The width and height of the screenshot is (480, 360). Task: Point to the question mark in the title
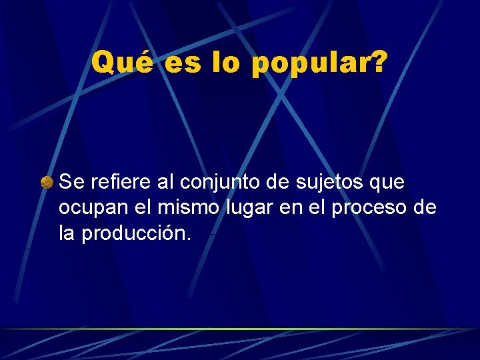(x=377, y=63)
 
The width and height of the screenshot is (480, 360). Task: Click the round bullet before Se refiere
(x=47, y=182)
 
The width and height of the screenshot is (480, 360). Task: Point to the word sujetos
(x=329, y=183)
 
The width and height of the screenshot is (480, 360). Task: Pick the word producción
(x=136, y=235)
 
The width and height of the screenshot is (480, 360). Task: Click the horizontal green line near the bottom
(x=240, y=329)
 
